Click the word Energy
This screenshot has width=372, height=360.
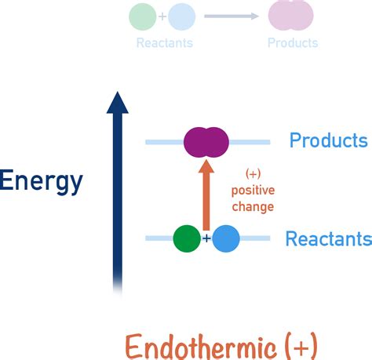[x=41, y=181]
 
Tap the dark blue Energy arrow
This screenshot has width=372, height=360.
[x=118, y=196]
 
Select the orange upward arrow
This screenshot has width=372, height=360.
[x=206, y=196]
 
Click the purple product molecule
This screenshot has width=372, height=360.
[x=206, y=142]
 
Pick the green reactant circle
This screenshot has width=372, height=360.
[x=187, y=238]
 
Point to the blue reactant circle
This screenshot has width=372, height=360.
[x=226, y=238]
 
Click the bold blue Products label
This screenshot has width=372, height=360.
[x=328, y=141]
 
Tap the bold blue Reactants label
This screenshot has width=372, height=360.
[x=328, y=238]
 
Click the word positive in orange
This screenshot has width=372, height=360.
[x=253, y=191]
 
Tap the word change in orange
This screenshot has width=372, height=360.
[x=253, y=207]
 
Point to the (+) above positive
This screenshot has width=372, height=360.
[x=253, y=173]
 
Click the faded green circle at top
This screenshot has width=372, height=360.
[x=142, y=16]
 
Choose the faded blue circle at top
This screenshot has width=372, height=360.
[x=181, y=16]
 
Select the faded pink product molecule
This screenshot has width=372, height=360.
[x=290, y=15]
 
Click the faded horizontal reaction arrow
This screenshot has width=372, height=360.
[x=231, y=16]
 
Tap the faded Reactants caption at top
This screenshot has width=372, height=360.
[x=164, y=43]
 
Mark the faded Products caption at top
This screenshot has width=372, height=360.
[x=293, y=43]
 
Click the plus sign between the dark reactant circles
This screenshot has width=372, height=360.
[x=206, y=238]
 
